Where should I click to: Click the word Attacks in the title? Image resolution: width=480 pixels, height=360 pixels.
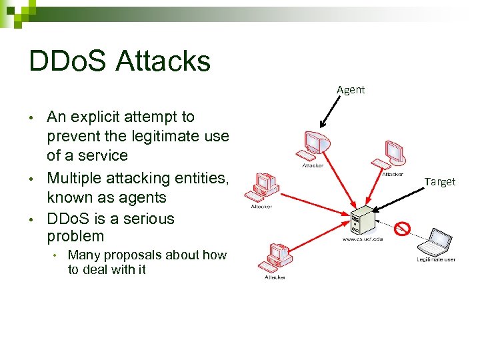coord(163,61)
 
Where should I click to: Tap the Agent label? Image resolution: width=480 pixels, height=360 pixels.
coord(351,89)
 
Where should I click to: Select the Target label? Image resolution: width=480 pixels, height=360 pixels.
coord(440,181)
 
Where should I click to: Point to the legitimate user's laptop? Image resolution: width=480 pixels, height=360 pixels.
coord(436,241)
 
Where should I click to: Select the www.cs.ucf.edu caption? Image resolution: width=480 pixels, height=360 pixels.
coord(363,238)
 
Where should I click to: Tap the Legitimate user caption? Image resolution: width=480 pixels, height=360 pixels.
coord(436,259)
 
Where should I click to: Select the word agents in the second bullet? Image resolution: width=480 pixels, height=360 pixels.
coord(143,197)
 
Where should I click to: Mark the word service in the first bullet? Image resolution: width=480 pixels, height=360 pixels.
coord(103,155)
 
